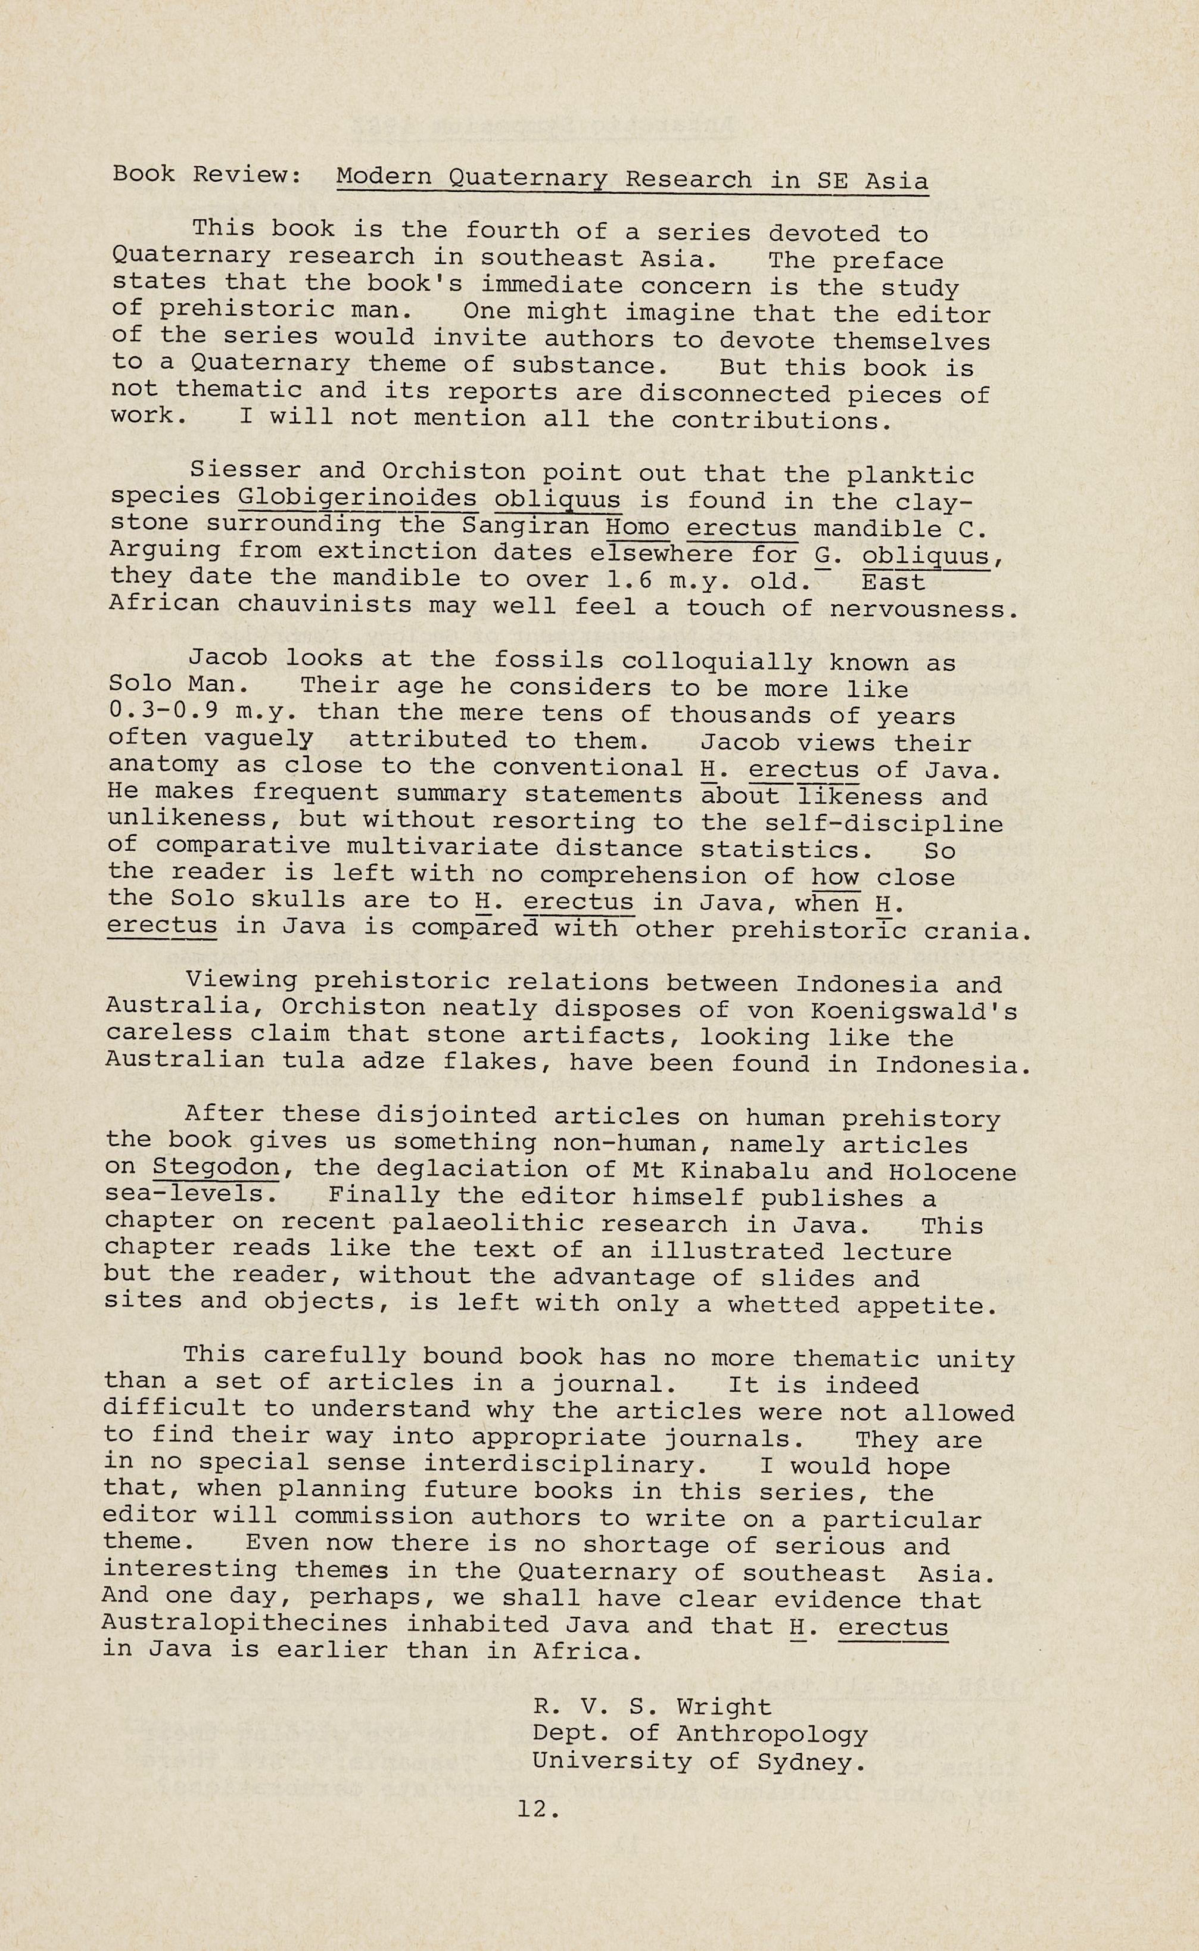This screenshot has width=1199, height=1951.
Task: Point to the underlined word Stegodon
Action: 216,1168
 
